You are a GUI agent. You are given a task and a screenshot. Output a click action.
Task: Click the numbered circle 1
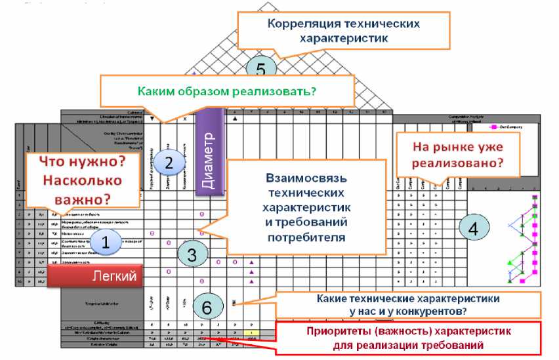tap(106, 241)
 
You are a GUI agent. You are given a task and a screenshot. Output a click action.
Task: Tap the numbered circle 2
tap(169, 163)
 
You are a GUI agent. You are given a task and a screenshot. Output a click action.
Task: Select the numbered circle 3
tap(192, 254)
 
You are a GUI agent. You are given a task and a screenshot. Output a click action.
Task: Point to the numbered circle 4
tap(472, 228)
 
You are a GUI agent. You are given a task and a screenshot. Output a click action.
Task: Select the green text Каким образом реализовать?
tap(228, 91)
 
